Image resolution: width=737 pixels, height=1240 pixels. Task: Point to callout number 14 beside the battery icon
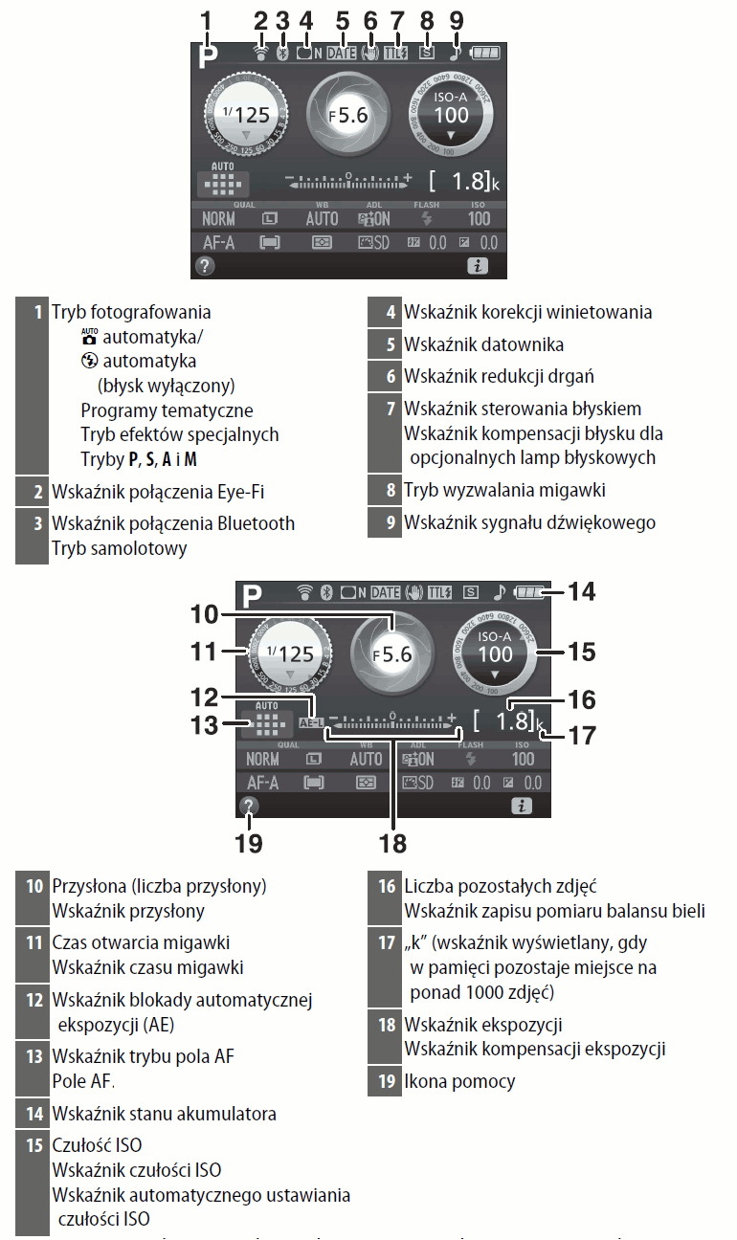580,591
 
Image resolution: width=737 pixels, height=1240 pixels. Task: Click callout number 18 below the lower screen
392,843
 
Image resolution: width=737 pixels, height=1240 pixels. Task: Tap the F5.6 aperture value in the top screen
348,115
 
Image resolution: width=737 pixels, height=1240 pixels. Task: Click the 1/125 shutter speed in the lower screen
289,654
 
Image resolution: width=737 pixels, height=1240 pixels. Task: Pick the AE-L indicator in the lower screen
310,723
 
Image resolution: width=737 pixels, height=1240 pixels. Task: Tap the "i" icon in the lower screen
522,807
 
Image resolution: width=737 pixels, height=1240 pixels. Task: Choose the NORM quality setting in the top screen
218,219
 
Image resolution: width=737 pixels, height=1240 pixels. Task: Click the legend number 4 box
391,313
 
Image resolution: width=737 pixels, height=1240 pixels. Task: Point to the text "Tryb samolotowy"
119,548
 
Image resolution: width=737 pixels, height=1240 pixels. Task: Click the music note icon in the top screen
456,54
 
